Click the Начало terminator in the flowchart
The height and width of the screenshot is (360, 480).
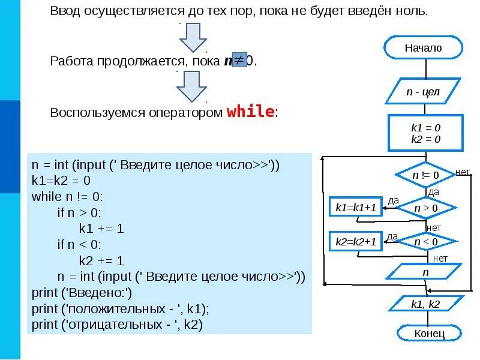coord(423,47)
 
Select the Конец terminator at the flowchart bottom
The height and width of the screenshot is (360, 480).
coord(429,333)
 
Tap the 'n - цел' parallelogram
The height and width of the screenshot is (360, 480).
coord(423,92)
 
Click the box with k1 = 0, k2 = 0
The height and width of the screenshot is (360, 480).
coord(426,133)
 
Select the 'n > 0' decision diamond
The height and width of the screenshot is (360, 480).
coord(426,208)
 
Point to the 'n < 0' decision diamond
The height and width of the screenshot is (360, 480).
coord(426,242)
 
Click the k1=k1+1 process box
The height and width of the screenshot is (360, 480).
coord(356,208)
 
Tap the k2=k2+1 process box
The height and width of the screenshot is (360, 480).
coord(356,242)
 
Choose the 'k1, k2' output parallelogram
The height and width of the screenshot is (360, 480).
coord(426,304)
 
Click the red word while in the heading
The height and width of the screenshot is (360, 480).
coord(250,112)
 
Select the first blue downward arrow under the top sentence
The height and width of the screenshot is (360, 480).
coord(193,37)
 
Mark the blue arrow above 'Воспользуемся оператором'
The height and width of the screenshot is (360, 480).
coord(191,86)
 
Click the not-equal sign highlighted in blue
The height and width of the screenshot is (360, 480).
coord(239,61)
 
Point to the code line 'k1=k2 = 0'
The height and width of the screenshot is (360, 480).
coord(61,180)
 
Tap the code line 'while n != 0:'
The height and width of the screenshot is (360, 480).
coord(68,196)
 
